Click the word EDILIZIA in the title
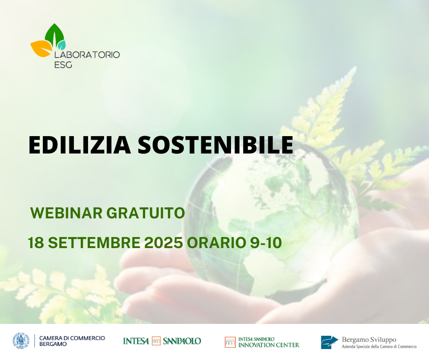pyautogui.click(x=79, y=145)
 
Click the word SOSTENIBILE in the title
pyautogui.click(x=215, y=145)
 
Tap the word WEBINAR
pyautogui.click(x=66, y=213)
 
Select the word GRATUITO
pyautogui.click(x=146, y=213)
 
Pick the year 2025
pyautogui.click(x=163, y=243)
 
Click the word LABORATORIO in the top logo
pyautogui.click(x=87, y=55)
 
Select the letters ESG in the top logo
pyautogui.click(x=63, y=65)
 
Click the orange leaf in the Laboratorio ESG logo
pyautogui.click(x=41, y=48)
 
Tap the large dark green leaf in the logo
pyautogui.click(x=54, y=35)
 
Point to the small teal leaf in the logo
pyautogui.click(x=61, y=45)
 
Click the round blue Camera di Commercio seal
pyautogui.click(x=21, y=341)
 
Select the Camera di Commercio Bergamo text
pyautogui.click(x=72, y=341)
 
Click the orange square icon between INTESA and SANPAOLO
pyautogui.click(x=156, y=341)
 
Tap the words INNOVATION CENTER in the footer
pyautogui.click(x=269, y=345)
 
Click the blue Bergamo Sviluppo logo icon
pyautogui.click(x=330, y=342)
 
